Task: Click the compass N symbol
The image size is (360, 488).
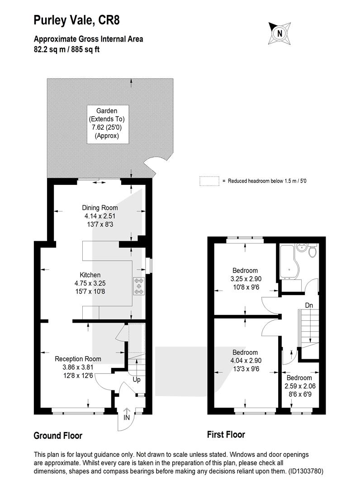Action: coord(279,33)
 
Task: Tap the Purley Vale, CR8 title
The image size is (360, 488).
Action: coord(76,20)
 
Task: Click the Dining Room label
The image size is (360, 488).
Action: coord(99,207)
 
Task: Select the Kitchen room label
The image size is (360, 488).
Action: coord(90,275)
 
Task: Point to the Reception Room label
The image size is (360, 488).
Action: coord(78,359)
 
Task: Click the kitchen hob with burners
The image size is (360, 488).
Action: coord(139,286)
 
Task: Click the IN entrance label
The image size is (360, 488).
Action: coord(127,418)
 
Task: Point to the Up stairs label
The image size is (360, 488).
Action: coord(137,380)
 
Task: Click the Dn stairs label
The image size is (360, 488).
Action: coord(309,305)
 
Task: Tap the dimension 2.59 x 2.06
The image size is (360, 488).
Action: coord(300,386)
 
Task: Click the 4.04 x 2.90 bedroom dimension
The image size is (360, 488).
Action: coord(246,361)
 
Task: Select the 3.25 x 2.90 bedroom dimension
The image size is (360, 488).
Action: coord(246,279)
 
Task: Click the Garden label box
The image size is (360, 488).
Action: coord(108,124)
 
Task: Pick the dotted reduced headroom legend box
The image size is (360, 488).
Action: coord(209,181)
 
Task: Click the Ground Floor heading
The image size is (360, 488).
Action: coord(58,436)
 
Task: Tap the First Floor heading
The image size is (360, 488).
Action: coord(226,435)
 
